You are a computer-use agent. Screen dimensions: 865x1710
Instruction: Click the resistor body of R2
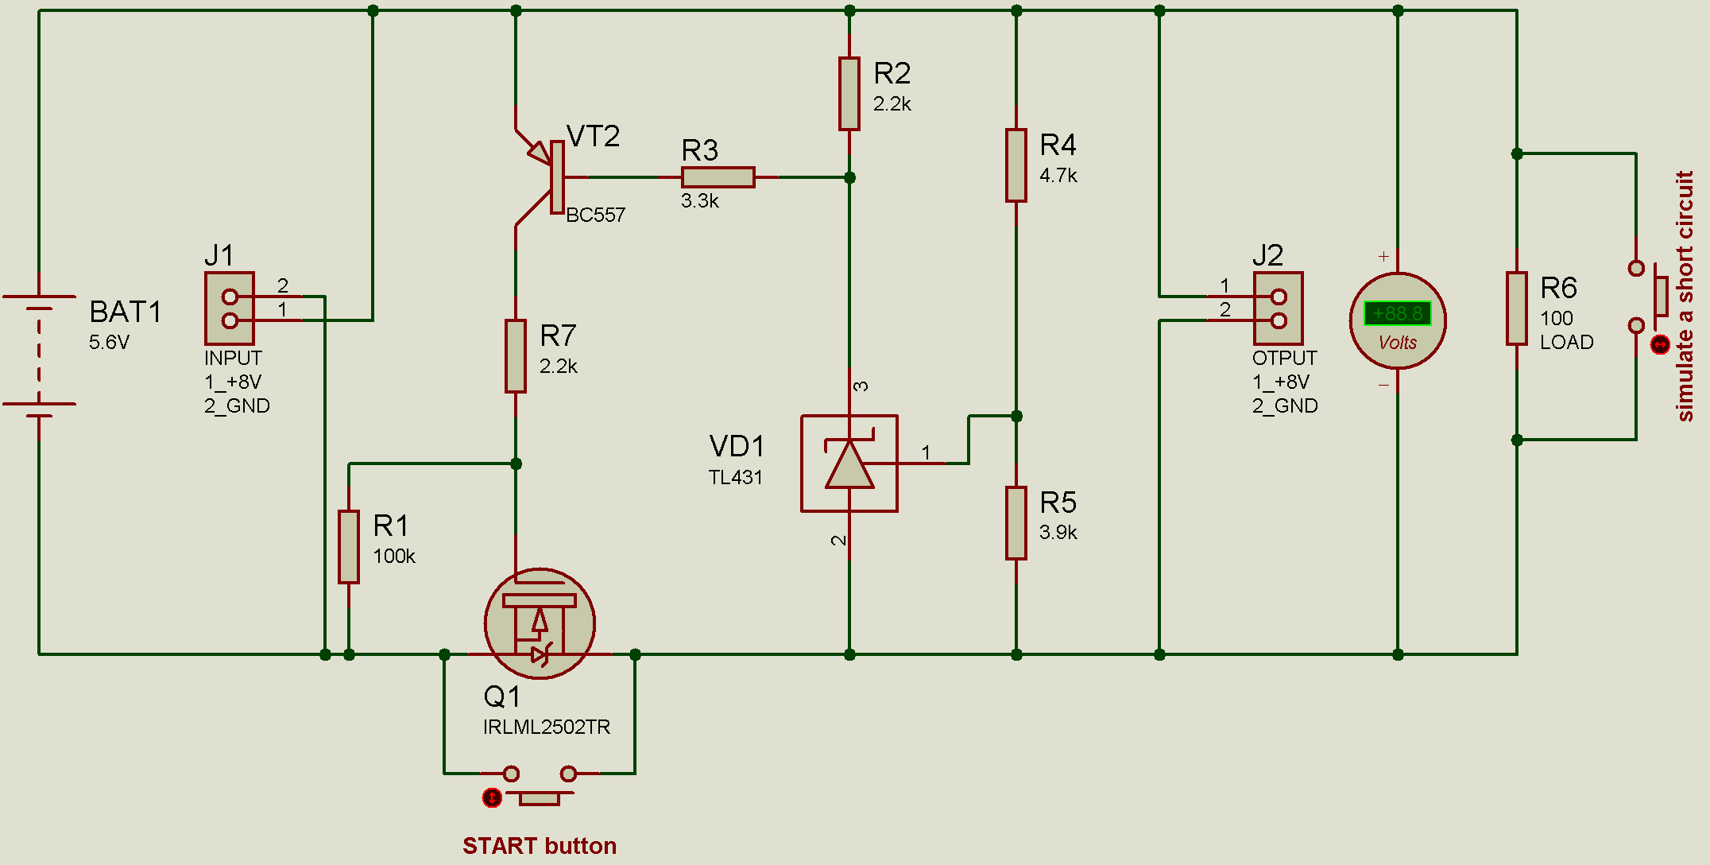click(x=849, y=94)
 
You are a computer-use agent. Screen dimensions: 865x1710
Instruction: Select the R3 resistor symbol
click(x=718, y=177)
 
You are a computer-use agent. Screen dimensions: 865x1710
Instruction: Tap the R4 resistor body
click(x=1016, y=165)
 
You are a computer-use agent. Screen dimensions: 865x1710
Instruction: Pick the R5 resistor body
click(x=1016, y=523)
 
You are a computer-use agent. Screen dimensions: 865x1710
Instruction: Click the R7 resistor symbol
click(x=516, y=356)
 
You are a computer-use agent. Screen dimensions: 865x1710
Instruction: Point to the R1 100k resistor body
click(x=349, y=547)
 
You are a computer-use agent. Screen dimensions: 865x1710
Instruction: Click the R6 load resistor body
click(x=1516, y=308)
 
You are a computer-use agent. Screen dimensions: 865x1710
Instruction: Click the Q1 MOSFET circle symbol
click(x=540, y=623)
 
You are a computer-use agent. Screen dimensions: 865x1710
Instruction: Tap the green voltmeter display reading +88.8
click(x=1397, y=313)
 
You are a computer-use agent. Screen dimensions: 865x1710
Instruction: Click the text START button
click(x=540, y=845)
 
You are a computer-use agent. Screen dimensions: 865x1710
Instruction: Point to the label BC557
click(x=595, y=215)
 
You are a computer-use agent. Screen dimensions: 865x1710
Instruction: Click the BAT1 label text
click(x=125, y=312)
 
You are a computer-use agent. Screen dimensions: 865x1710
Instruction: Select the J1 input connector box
click(x=230, y=308)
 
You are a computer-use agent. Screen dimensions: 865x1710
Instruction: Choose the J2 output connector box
click(x=1278, y=308)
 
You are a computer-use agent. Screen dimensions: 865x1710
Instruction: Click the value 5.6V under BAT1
click(x=109, y=343)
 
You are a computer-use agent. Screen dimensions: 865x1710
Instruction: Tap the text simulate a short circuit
click(x=1685, y=296)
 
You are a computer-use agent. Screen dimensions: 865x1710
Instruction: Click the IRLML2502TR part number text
click(x=546, y=727)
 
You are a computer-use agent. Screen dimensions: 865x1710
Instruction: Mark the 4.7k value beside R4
click(x=1058, y=176)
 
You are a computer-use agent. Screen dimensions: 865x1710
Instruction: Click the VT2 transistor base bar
click(x=557, y=177)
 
